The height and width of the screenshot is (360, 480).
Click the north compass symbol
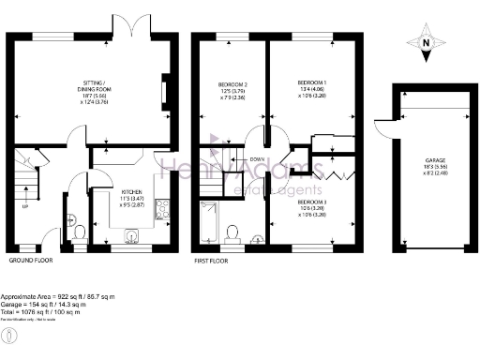click(x=424, y=43)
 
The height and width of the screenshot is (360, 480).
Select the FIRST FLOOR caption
click(x=213, y=260)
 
